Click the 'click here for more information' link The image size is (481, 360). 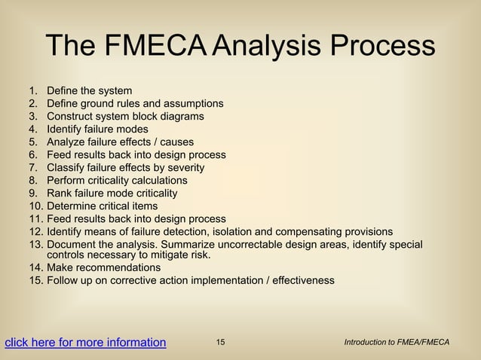coord(85,343)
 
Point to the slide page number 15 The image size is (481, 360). coord(220,343)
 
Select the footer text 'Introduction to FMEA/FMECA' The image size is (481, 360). coord(397,343)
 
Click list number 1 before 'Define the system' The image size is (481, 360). coord(33,90)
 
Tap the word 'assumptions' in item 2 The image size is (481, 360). coord(194,103)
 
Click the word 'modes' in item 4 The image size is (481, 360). coord(133,129)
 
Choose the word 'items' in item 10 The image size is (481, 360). coord(144,206)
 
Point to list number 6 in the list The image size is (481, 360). coord(33,154)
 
